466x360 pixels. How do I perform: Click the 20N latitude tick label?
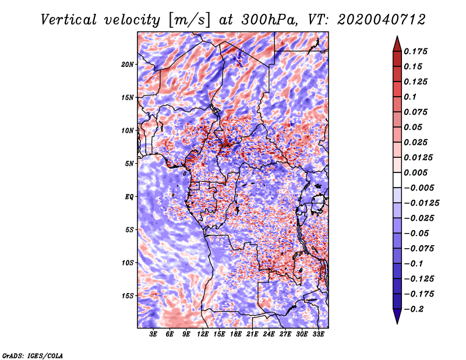tap(128, 64)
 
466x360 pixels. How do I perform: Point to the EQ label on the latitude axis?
tap(129, 197)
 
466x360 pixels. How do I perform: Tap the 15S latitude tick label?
tap(128, 296)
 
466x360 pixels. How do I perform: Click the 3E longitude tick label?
tap(154, 334)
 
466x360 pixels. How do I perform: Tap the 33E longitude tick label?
tap(318, 334)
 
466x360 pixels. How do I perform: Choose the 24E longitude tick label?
tap(269, 334)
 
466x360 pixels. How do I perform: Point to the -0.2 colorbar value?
tap(415, 309)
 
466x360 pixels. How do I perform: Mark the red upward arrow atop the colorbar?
tap(396, 43)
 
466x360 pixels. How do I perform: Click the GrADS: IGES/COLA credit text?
tap(33, 355)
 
